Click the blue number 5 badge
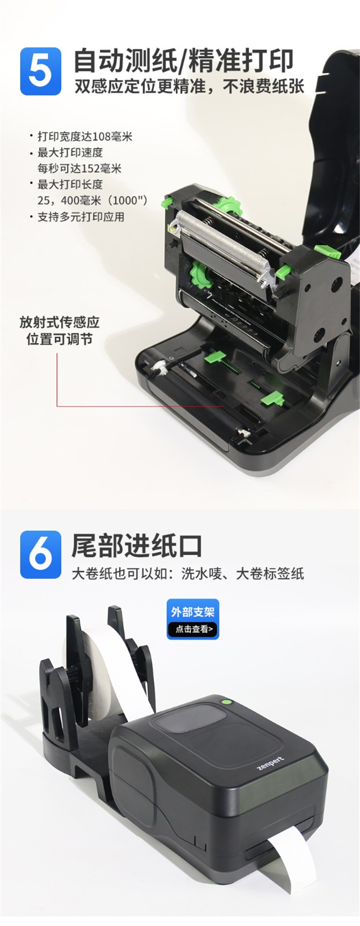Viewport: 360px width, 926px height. tap(40, 72)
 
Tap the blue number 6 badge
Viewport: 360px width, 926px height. tap(40, 554)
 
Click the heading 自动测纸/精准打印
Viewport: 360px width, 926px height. tap(183, 61)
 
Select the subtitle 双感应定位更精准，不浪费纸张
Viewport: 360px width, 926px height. tap(189, 87)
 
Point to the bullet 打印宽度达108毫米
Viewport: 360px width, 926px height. tap(84, 137)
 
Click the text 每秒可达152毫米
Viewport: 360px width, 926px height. tap(80, 168)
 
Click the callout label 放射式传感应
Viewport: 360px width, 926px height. tap(60, 322)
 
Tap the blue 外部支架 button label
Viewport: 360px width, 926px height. tap(193, 612)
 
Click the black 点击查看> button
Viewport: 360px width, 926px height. tap(193, 629)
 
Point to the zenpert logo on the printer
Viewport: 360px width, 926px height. tap(270, 763)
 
